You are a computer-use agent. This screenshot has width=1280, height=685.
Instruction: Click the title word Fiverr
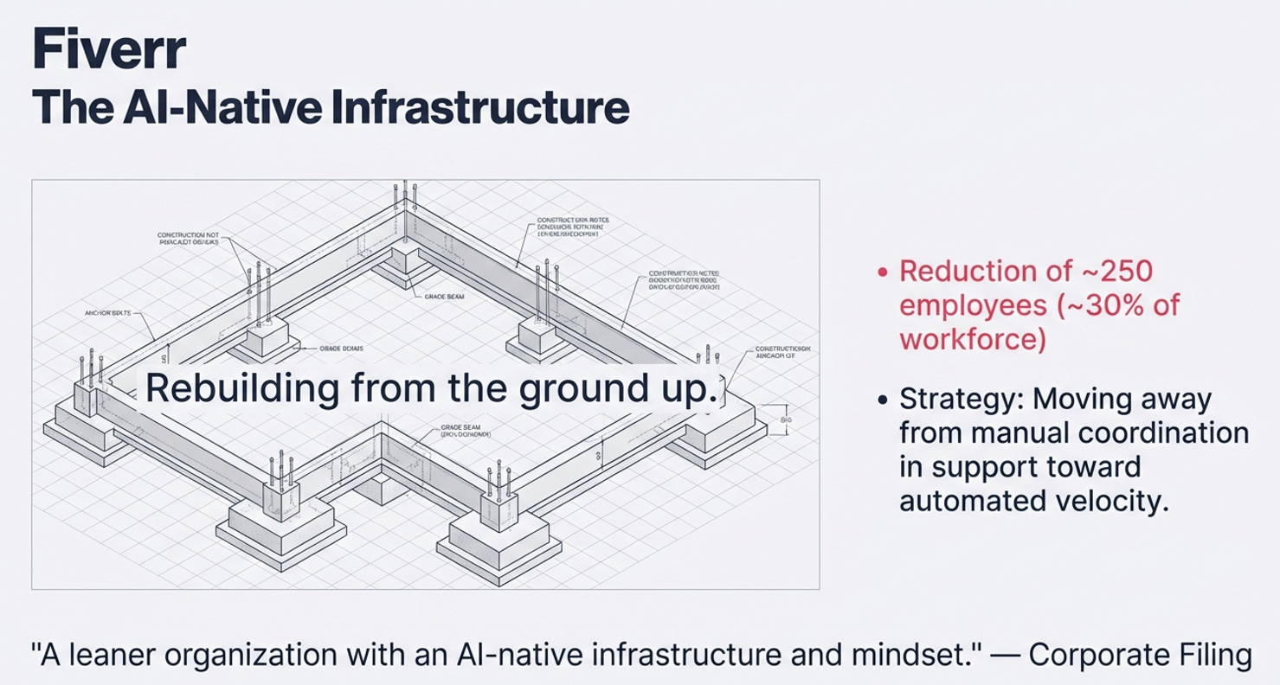(x=108, y=50)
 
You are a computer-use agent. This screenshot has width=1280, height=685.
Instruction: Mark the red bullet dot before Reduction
(x=882, y=272)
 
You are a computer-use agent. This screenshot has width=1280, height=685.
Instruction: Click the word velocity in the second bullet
(x=1120, y=502)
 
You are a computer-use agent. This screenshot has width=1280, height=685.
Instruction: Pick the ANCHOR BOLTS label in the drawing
(x=109, y=312)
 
